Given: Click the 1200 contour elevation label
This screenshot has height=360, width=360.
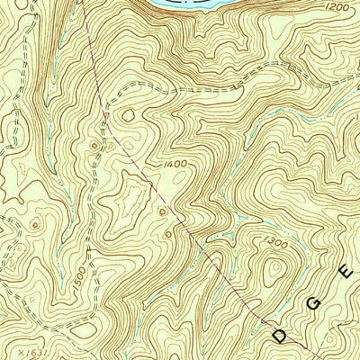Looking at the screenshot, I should (x=337, y=7).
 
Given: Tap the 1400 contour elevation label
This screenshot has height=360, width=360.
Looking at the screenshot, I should (x=177, y=164).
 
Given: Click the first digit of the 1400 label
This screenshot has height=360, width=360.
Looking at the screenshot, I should (x=166, y=164).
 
